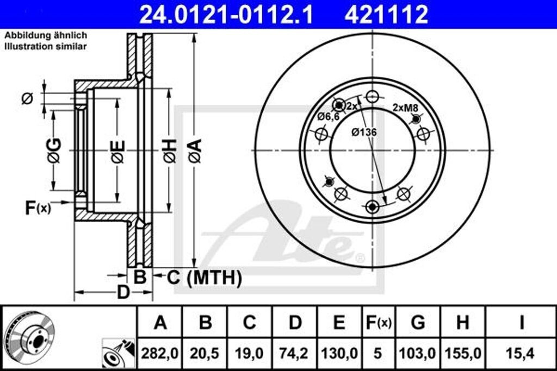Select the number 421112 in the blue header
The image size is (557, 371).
coord(386,15)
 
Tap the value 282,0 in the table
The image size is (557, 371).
coord(160,354)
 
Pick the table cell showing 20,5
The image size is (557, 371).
coord(205,354)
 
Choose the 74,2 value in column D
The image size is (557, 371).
coord(294,354)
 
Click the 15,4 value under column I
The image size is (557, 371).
coord(521,354)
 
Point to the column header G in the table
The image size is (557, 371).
coord(418,323)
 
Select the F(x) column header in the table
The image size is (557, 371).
coord(378,323)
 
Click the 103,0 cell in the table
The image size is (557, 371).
coord(418,354)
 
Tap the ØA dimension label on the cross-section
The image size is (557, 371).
coord(195,150)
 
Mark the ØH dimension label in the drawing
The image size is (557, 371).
coord(169,150)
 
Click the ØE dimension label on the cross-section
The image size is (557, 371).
coord(117,151)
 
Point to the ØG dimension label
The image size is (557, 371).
coord(54,150)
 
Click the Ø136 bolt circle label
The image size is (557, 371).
coord(364,131)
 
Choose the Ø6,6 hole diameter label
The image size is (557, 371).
coord(329,116)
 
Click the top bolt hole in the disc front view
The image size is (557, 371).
coord(372,97)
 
